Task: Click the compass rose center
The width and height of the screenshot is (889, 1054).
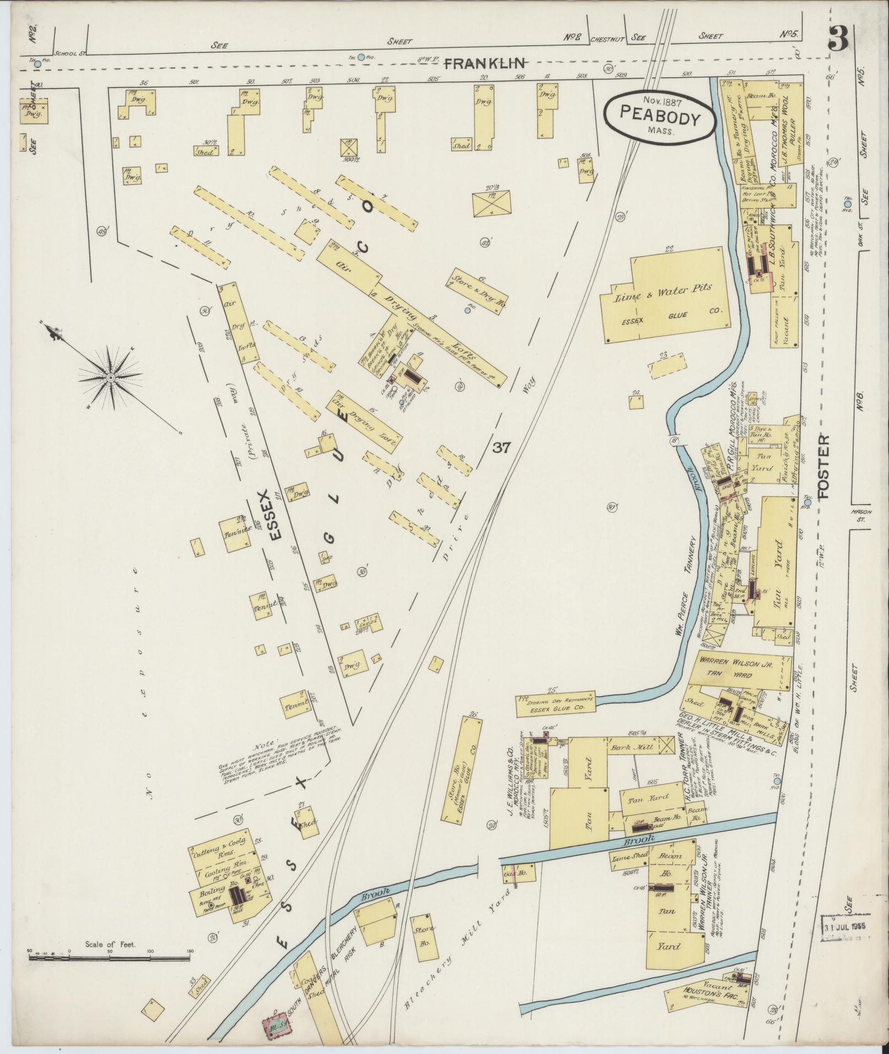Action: (x=110, y=377)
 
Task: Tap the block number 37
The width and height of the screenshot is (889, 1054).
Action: (x=502, y=448)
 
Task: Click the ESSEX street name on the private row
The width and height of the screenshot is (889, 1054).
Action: (x=275, y=514)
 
